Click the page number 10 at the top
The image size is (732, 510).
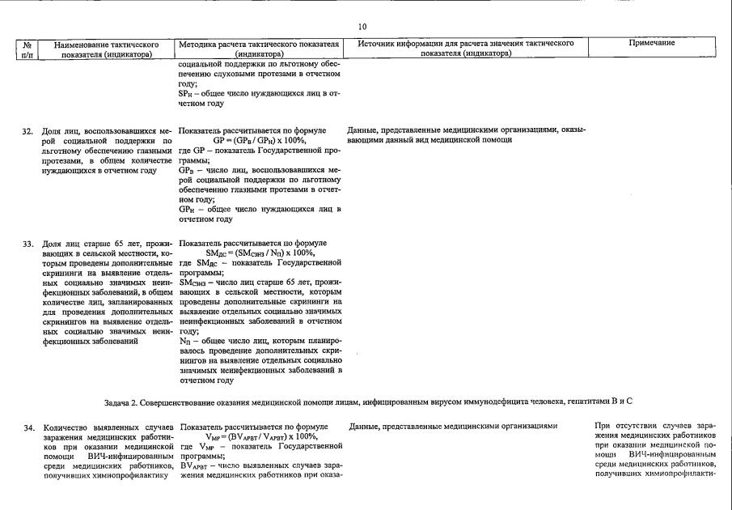point(362,27)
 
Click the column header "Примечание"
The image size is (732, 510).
point(651,43)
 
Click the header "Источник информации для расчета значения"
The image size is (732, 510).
point(466,43)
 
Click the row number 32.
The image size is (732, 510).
point(28,130)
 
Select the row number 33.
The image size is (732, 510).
point(28,244)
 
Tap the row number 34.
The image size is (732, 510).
point(28,427)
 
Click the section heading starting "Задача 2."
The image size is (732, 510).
point(368,402)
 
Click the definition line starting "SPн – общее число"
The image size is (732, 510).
point(259,93)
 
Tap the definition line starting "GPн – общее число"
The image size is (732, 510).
point(259,209)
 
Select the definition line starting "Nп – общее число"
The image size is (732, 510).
point(259,342)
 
